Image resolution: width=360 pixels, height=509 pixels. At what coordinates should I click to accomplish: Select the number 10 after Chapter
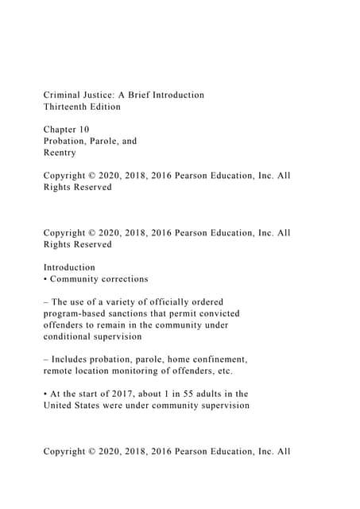coord(84,130)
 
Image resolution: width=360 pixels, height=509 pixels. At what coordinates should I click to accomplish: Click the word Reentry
coord(60,153)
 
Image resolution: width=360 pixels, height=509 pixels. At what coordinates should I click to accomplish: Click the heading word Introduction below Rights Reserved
coord(69,268)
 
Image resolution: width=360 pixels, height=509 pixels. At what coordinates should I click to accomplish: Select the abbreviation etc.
coord(224,371)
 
